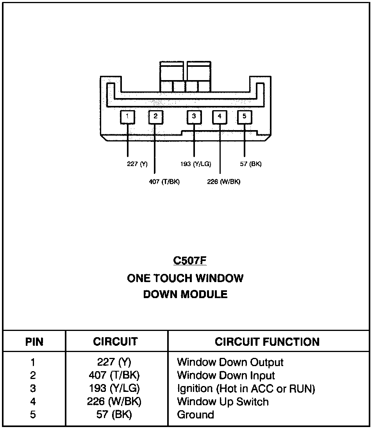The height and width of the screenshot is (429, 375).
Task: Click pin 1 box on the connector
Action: pyautogui.click(x=127, y=116)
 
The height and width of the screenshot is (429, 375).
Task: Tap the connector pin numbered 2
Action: pyautogui.click(x=155, y=116)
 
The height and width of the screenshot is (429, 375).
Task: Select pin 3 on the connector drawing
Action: pyautogui.click(x=194, y=116)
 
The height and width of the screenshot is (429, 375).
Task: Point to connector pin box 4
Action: pyautogui.click(x=220, y=117)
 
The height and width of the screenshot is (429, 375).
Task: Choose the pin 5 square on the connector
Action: pyautogui.click(x=245, y=116)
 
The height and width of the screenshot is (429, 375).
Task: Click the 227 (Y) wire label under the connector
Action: pyautogui.click(x=137, y=164)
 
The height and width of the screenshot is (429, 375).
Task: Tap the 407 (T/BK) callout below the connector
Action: pyautogui.click(x=164, y=182)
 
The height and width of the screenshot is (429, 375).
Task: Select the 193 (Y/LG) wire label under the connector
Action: pyautogui.click(x=195, y=164)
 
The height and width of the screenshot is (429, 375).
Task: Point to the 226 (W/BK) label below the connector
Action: pyautogui.click(x=223, y=182)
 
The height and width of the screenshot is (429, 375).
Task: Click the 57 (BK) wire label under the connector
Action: pyautogui.click(x=250, y=164)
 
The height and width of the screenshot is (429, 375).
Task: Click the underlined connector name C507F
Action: pyautogui.click(x=189, y=261)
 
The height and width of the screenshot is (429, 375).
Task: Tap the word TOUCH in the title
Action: pyautogui.click(x=173, y=279)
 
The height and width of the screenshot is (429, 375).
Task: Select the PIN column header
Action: pyautogui.click(x=34, y=342)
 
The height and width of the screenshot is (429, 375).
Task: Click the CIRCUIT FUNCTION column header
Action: pyautogui.click(x=267, y=342)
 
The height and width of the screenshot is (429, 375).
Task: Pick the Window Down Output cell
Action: pyautogui.click(x=230, y=363)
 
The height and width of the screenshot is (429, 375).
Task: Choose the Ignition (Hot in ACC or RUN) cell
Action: pyautogui.click(x=246, y=389)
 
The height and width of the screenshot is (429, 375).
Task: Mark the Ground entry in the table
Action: pyautogui.click(x=195, y=415)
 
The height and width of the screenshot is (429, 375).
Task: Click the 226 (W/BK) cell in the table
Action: pyautogui.click(x=115, y=402)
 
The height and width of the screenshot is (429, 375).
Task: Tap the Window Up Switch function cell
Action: pyautogui.click(x=223, y=402)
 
